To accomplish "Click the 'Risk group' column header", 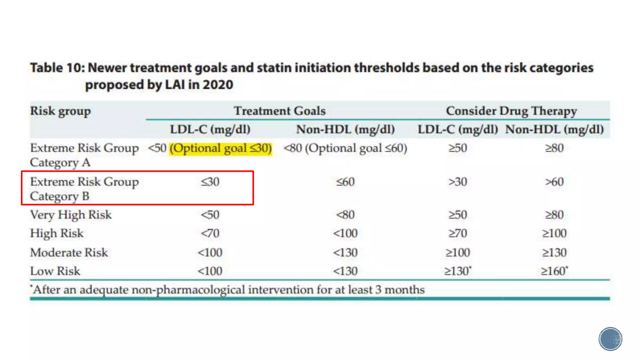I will coord(60,111).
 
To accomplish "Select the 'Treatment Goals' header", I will coord(280,111).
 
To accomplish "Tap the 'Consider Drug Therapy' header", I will coord(511,111).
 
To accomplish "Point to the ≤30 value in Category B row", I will coord(210,182).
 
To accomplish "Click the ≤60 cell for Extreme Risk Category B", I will coord(345,182).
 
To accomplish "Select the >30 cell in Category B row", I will coord(457,182).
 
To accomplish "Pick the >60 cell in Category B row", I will coord(554,182).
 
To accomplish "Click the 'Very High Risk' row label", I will coord(71,215).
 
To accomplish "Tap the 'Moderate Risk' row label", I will coord(69,252).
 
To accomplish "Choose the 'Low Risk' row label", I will coord(55,271).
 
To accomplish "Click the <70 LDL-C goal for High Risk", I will coord(210,233).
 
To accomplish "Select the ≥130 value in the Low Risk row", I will coord(457,271).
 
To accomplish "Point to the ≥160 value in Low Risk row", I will coord(554,271).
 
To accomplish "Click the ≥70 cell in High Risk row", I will coord(457,233).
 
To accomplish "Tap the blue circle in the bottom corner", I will coord(610,339).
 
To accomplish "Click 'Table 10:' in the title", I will coord(57,68).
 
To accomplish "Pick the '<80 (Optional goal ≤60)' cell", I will coord(345,148).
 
